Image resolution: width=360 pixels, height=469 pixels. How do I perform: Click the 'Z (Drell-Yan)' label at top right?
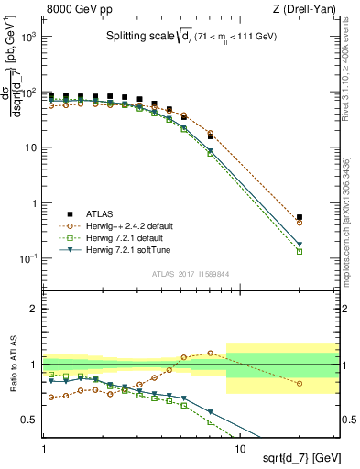tap(309, 7)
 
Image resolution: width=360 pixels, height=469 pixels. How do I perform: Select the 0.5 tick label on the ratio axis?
tap(30, 420)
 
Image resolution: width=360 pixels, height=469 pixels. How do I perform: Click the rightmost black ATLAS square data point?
tap(300, 217)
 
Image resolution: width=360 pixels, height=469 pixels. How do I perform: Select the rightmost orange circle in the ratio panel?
tap(300, 383)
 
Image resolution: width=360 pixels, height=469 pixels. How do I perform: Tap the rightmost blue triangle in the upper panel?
tap(300, 245)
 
